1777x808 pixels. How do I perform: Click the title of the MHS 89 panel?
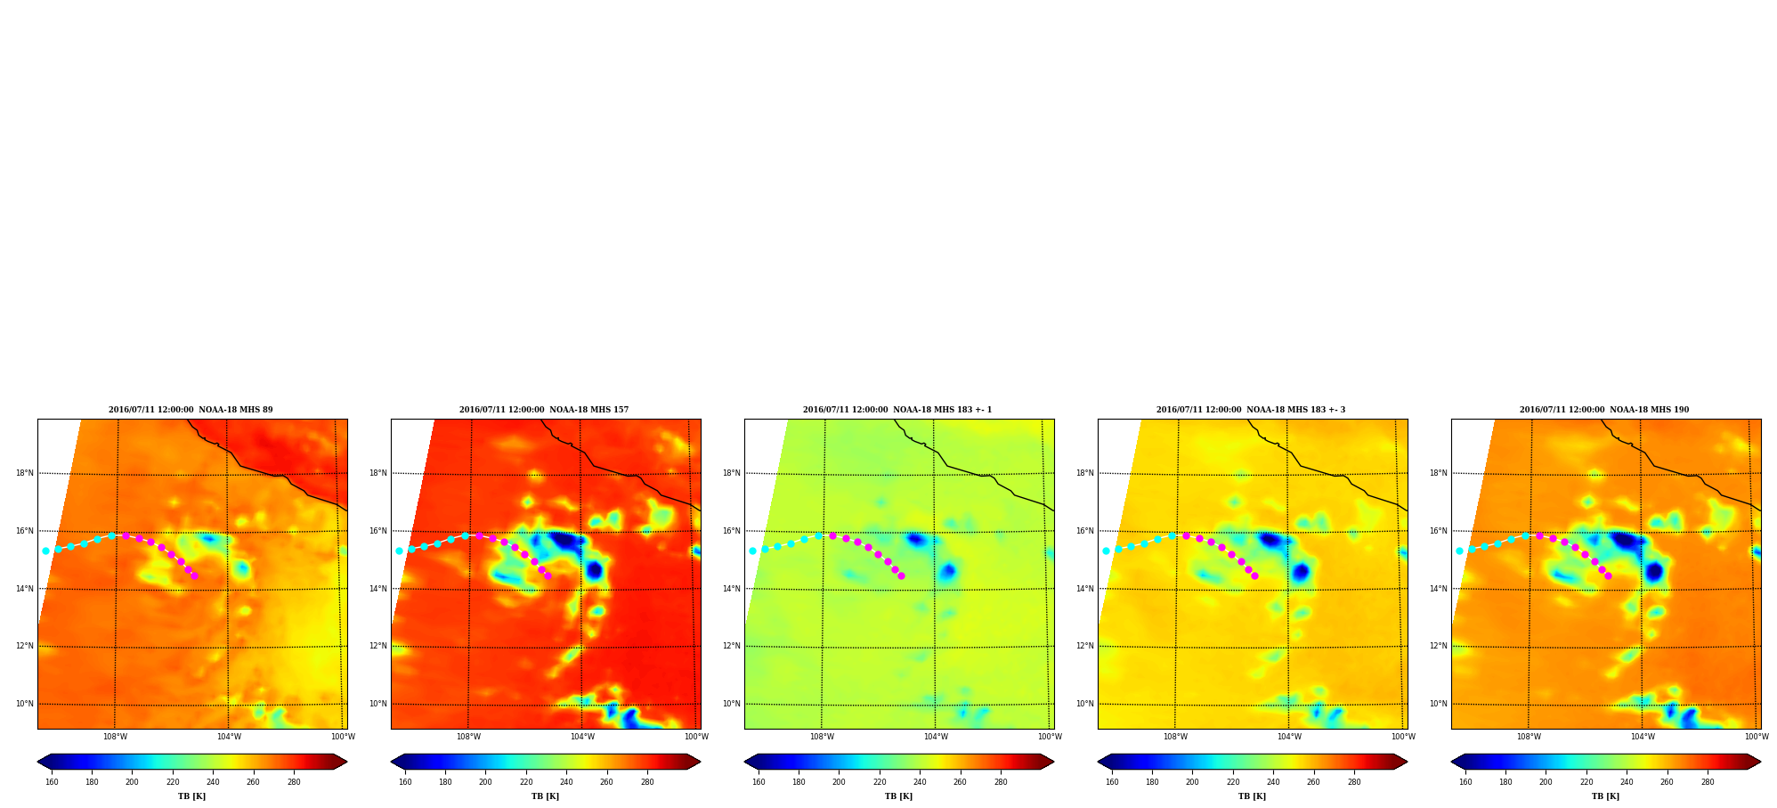191,410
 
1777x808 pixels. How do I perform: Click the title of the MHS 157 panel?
544,410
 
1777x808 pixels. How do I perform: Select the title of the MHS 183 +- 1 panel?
897,410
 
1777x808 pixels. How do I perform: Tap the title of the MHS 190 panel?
1604,410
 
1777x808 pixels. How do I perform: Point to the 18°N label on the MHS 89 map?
25,473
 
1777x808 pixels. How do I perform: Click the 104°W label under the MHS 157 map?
582,737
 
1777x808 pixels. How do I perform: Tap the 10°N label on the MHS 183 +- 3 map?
1085,704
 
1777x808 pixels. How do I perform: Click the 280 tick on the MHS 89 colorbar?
294,782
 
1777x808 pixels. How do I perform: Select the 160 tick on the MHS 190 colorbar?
1465,782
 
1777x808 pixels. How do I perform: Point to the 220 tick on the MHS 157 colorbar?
526,782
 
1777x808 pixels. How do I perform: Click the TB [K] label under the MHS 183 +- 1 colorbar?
898,796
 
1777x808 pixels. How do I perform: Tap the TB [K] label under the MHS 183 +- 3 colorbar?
1252,796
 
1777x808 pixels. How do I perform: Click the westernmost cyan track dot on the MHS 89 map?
45,551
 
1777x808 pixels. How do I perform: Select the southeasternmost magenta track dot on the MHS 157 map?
548,575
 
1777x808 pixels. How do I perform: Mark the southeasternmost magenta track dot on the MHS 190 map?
1608,575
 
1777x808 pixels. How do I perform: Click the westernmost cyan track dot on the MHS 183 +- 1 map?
752,551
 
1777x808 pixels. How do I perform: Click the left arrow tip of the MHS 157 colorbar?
391,762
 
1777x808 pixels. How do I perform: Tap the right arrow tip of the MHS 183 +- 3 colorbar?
1408,762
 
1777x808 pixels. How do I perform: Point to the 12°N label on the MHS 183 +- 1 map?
732,646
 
